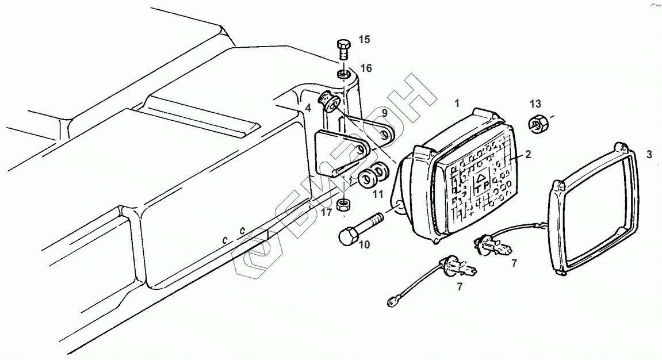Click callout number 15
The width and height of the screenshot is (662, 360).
click(365, 40)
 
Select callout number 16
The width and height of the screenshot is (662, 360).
click(366, 68)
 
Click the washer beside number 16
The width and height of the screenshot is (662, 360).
click(343, 75)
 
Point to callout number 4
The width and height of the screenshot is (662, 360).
click(308, 108)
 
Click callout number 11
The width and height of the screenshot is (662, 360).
click(377, 194)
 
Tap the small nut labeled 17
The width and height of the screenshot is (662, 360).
click(343, 204)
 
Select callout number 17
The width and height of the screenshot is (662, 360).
click(327, 213)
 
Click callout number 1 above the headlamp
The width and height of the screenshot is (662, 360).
click(457, 104)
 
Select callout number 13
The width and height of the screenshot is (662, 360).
click(535, 104)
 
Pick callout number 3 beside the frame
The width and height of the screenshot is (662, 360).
click(649, 154)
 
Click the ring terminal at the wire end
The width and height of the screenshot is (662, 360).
click(392, 300)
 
